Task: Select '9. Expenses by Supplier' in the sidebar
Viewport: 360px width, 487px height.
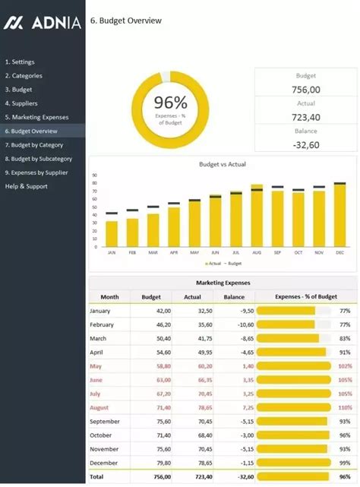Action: point(37,172)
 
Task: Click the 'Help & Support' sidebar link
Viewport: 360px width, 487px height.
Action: point(26,186)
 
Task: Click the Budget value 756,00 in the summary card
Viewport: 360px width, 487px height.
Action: point(305,90)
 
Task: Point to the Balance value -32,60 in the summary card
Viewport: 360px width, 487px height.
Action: point(305,144)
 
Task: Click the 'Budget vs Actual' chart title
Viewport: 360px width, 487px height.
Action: point(222,164)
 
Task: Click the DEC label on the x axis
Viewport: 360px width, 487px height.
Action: point(339,252)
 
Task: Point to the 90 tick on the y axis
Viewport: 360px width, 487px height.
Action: point(95,176)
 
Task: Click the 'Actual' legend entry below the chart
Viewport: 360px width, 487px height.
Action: point(213,263)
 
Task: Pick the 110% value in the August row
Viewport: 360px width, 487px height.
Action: point(345,408)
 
